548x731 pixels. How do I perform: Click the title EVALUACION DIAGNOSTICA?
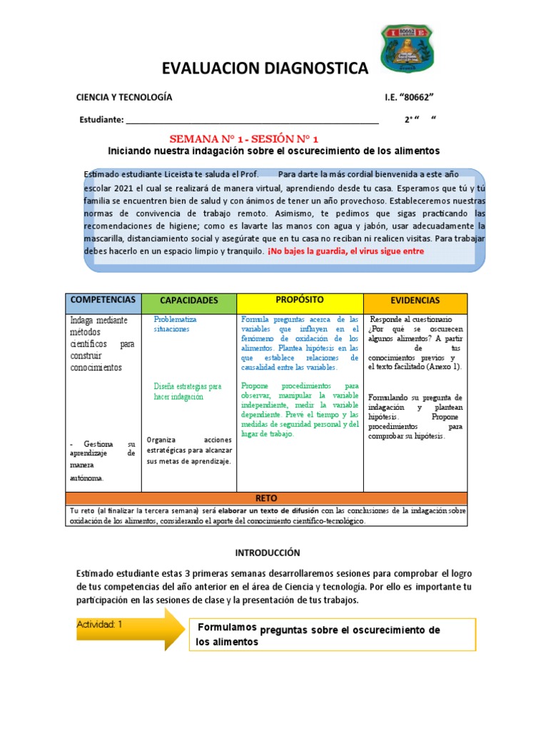266,69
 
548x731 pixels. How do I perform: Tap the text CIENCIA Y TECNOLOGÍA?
124,97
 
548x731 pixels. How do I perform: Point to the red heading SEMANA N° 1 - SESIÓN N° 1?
244,138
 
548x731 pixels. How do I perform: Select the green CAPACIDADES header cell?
188,301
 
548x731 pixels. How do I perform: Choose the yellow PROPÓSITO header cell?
300,300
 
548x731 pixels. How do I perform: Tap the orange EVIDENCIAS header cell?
415,301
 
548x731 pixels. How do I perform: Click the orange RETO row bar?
266,498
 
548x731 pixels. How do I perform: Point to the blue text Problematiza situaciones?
175,325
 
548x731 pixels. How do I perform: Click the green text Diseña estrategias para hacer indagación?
188,391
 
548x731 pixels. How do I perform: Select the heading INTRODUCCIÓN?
268,553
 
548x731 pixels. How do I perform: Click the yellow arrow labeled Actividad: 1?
126,625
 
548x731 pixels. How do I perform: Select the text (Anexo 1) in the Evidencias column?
442,366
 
